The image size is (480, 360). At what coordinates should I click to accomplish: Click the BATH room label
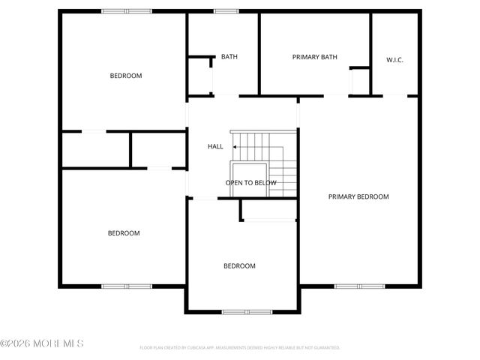tap(229, 57)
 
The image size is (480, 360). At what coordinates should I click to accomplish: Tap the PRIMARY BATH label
tap(314, 57)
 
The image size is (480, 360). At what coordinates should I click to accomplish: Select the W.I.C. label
tap(394, 60)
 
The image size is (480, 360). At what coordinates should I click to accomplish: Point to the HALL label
tap(215, 146)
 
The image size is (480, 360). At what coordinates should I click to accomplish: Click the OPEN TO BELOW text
tap(251, 183)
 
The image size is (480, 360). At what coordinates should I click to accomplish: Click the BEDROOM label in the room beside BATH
tap(126, 76)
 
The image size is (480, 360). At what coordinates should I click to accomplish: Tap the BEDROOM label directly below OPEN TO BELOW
tap(239, 266)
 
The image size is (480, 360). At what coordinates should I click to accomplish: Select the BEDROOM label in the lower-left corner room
tap(124, 233)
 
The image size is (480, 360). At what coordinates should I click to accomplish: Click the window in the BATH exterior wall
tap(226, 11)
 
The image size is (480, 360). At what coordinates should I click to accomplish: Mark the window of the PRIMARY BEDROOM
tap(359, 286)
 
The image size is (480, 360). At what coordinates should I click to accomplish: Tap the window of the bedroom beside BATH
tap(126, 11)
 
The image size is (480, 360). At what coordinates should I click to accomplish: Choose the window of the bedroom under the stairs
tap(247, 311)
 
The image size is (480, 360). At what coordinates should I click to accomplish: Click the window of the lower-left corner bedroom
tap(126, 286)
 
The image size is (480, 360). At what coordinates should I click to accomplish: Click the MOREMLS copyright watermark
tap(42, 343)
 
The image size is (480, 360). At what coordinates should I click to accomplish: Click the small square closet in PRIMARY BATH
tap(360, 81)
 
